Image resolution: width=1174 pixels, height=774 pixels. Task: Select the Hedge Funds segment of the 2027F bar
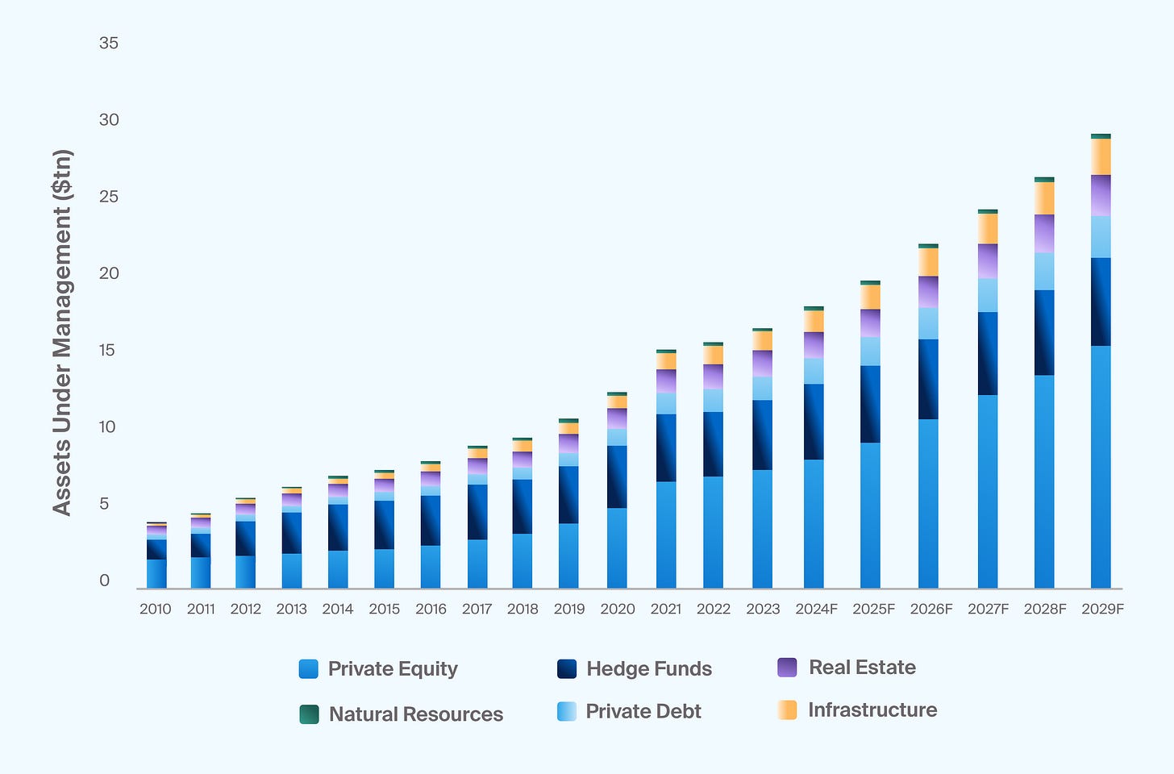click(988, 353)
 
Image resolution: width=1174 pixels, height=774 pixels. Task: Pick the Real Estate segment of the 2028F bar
click(1044, 233)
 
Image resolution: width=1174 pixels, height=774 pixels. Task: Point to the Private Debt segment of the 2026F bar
click(928, 323)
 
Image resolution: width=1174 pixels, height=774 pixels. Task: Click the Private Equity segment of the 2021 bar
click(666, 535)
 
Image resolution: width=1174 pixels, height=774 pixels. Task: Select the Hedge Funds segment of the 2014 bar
click(338, 527)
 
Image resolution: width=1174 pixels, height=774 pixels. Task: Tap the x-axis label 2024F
click(816, 609)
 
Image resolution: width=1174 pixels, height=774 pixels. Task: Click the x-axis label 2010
click(155, 609)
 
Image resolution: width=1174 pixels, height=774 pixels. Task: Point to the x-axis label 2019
click(569, 609)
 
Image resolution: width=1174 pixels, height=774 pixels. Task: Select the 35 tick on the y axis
click(109, 43)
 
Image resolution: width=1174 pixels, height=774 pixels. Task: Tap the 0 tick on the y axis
click(105, 580)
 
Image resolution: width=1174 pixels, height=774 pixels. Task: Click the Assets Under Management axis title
click(63, 332)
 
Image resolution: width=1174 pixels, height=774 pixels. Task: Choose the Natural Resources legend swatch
click(309, 714)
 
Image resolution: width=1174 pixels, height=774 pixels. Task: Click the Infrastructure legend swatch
click(787, 710)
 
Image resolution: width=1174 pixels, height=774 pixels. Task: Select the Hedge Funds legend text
click(649, 668)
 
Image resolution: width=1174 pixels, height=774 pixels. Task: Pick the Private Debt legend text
click(643, 711)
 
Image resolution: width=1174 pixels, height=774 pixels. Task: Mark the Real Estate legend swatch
click(787, 668)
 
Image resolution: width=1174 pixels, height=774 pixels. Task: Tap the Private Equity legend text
click(393, 668)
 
